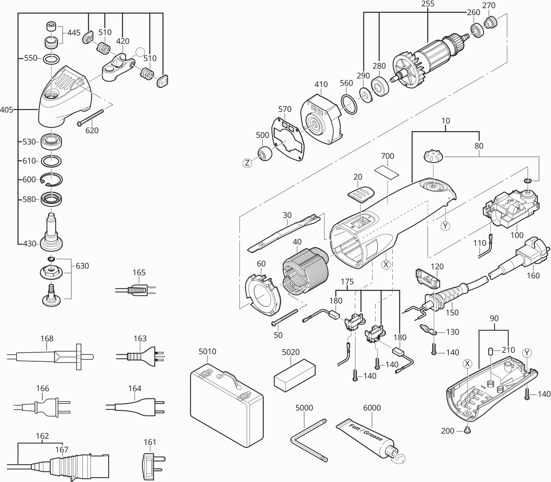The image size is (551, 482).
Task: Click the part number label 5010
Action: pos(207,352)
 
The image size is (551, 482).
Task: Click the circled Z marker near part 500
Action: pos(247,163)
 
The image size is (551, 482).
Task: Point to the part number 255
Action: pos(428,4)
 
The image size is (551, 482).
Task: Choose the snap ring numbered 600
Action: pos(52,179)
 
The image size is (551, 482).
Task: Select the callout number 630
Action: pos(82,266)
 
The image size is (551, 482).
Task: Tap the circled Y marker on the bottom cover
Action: pos(527,353)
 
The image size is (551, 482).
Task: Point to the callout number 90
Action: pos(494,318)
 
